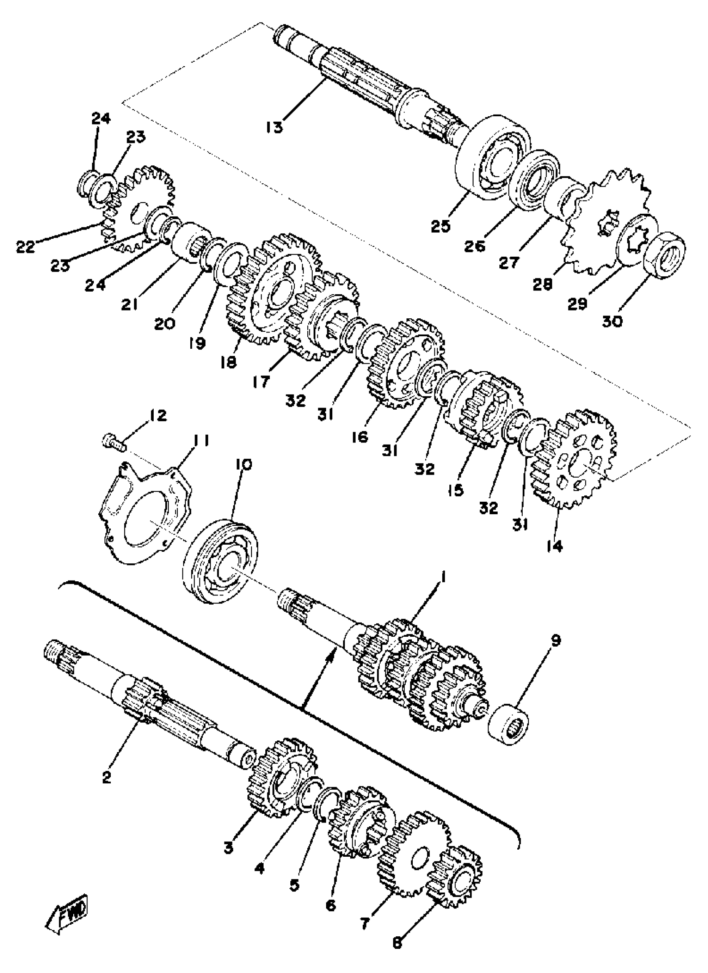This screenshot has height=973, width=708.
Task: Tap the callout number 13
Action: [274, 128]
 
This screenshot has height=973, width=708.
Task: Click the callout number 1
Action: [444, 578]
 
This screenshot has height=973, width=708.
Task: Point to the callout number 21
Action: [129, 305]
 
